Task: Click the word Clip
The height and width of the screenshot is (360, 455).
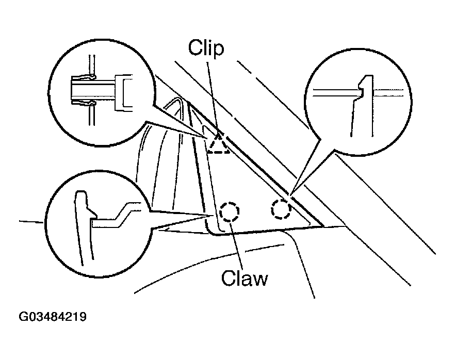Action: tap(206, 49)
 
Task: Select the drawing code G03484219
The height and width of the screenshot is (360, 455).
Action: tap(53, 316)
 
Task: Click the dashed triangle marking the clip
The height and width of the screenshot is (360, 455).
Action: tap(218, 144)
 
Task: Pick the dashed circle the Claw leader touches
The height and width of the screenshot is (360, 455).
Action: tap(230, 211)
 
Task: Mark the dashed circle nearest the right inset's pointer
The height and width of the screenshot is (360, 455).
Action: tap(281, 208)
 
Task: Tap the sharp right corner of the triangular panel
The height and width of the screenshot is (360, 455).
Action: tap(322, 226)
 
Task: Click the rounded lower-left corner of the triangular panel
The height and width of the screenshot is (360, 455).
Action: tap(212, 230)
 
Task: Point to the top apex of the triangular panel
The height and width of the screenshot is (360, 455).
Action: tap(188, 103)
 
